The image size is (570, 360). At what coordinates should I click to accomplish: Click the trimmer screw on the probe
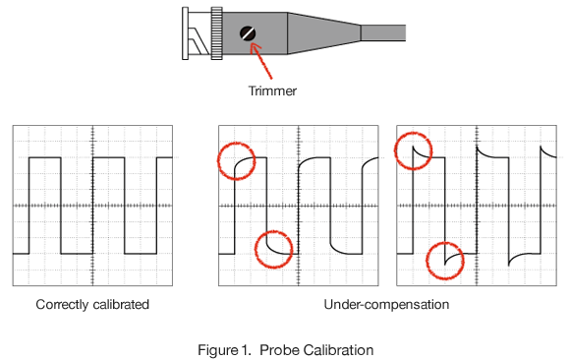[x=248, y=33]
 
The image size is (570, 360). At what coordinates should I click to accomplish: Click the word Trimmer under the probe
[x=272, y=91]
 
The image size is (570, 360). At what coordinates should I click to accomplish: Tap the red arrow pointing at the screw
[x=261, y=61]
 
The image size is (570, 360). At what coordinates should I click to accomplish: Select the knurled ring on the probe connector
[x=216, y=33]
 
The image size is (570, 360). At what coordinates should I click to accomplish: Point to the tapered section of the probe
[x=324, y=33]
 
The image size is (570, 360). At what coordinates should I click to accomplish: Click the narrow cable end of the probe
[x=383, y=33]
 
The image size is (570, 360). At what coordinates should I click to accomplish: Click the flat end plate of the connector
[x=185, y=33]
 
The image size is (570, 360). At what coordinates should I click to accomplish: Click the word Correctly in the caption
[x=62, y=304]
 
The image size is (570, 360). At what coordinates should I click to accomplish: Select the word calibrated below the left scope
[x=121, y=304]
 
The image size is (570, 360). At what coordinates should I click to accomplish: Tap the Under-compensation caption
[x=386, y=304]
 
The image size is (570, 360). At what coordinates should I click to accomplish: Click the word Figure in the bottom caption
[x=216, y=350]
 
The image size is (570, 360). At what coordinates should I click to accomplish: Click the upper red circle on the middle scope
[x=218, y=160]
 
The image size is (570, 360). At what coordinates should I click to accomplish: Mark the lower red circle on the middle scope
[x=256, y=249]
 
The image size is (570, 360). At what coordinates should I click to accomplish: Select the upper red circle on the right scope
[x=395, y=150]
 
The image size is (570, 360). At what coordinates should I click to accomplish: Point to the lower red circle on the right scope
[x=427, y=261]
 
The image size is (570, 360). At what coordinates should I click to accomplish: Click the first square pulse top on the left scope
[x=45, y=157]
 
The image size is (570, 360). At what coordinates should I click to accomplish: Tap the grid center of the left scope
[x=92, y=206]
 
